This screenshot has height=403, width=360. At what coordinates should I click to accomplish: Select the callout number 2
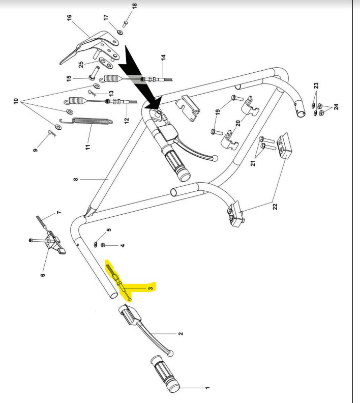click(181, 335)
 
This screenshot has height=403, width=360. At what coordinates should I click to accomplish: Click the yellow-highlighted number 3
click(151, 288)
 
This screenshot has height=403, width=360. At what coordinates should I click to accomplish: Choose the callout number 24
click(336, 107)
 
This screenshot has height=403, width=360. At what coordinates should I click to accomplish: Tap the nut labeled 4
click(103, 245)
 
